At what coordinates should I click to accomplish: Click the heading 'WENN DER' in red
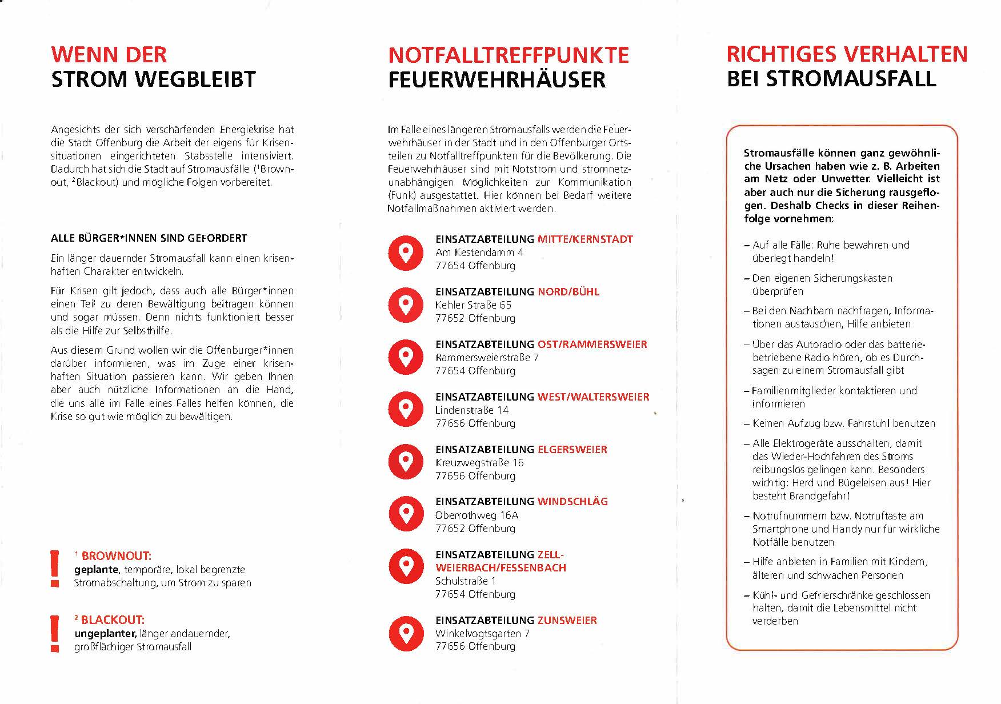109,55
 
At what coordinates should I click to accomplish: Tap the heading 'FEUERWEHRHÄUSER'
497,79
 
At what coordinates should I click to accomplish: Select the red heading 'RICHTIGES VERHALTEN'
847,54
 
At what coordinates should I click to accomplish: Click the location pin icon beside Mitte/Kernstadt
406,253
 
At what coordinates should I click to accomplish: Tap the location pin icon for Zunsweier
406,633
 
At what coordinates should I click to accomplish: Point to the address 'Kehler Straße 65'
473,305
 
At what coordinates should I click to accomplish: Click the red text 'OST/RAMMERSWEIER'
592,345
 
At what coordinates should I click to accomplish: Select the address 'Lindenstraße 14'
471,410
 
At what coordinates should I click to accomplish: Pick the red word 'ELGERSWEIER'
572,450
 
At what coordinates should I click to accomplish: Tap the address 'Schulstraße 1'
465,581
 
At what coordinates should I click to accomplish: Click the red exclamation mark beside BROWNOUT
55,568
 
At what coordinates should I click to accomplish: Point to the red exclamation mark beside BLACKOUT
55,633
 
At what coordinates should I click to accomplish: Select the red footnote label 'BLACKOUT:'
113,620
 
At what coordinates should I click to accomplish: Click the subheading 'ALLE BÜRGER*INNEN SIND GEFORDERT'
149,238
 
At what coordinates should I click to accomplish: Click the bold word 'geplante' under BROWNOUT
96,570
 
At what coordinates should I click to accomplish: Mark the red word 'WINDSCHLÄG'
572,502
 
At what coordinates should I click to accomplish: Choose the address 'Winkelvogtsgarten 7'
482,634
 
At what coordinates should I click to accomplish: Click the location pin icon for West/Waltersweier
406,409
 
